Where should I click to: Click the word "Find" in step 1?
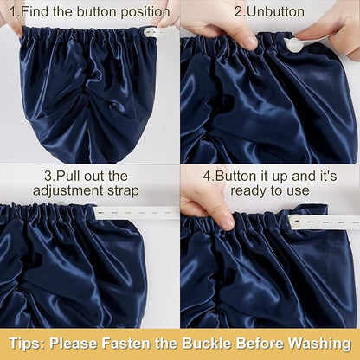[35, 12]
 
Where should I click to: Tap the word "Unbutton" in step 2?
[276, 12]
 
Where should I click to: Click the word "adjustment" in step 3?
[68, 191]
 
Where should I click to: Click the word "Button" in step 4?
[235, 176]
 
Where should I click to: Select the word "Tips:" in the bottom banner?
[27, 344]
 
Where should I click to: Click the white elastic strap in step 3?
[136, 213]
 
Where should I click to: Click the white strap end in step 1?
[160, 32]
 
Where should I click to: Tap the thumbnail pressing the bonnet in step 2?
[250, 42]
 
